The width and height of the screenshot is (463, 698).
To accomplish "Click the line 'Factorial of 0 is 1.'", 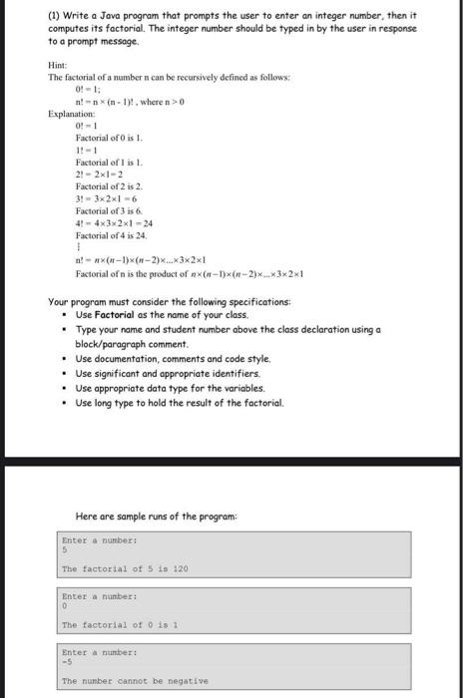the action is pos(110,139).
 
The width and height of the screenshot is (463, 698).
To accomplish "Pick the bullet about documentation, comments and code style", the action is pos(173,359).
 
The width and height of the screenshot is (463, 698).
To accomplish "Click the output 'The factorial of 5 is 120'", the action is pos(124,568).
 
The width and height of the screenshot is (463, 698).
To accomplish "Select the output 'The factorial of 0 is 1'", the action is pos(119,624).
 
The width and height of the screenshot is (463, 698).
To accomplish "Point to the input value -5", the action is pos(67,661).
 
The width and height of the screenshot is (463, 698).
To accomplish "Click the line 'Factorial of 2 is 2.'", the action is pos(110,186).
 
